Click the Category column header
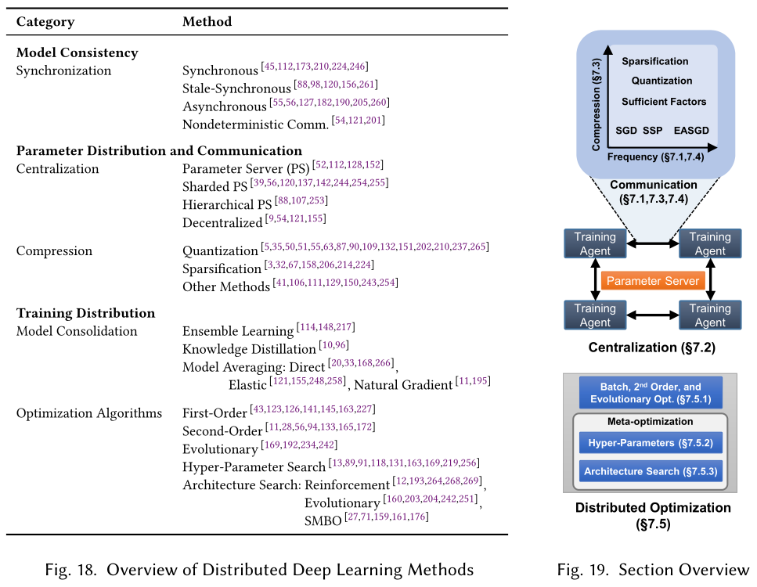point(45,22)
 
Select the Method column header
point(207,21)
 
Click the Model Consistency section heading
point(78,52)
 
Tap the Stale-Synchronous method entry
point(236,88)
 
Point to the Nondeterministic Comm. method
point(255,124)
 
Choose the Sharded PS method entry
point(214,186)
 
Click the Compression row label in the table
point(54,251)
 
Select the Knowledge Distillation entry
point(249,348)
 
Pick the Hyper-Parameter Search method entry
point(254,466)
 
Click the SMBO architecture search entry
point(323,521)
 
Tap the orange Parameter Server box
point(653,280)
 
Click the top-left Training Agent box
point(595,243)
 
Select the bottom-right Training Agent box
point(710,315)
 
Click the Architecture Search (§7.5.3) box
point(651,471)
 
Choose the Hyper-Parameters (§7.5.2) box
point(651,443)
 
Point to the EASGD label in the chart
point(691,131)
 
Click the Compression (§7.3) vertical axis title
point(597,104)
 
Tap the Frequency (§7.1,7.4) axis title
point(655,157)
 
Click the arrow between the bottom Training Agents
point(653,315)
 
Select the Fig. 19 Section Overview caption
point(653,570)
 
